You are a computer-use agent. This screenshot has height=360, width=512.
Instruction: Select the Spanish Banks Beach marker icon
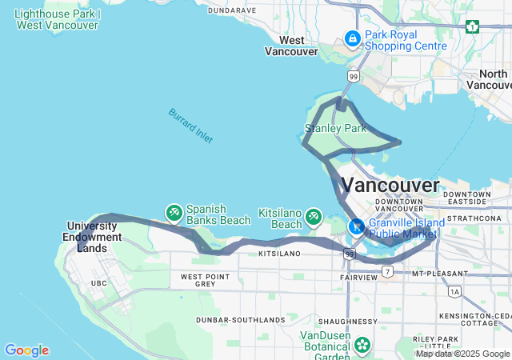174,213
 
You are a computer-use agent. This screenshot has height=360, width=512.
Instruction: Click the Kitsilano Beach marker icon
314,216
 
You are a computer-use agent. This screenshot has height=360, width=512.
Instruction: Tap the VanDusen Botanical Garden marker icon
362,345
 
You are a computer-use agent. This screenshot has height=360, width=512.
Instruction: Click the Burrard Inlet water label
191,126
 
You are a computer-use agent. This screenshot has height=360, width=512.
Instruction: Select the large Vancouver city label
390,185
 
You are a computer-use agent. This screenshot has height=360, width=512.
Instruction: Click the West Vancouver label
291,46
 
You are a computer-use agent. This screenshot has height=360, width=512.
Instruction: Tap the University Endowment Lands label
94,237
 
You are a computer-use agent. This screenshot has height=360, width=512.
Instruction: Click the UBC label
98,283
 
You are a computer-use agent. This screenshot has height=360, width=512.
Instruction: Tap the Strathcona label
472,218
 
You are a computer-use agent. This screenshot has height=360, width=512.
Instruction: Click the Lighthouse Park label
58,20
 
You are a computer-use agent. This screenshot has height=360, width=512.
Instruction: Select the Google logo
26,350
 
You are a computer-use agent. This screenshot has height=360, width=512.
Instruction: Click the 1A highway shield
454,292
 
